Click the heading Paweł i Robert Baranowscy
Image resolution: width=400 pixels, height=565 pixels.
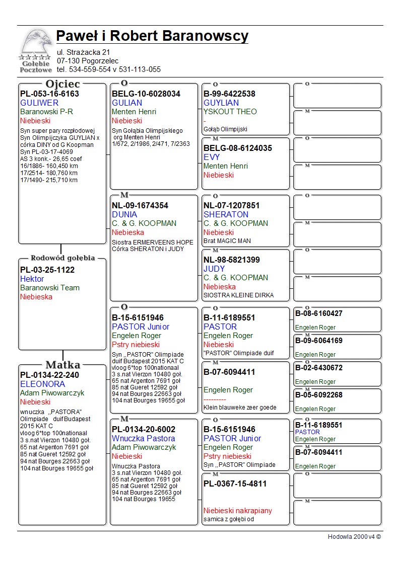click(x=152, y=36)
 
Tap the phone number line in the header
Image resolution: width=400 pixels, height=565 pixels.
click(x=109, y=69)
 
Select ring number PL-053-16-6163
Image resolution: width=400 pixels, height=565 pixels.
click(x=49, y=94)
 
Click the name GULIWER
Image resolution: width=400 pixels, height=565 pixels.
click(x=39, y=103)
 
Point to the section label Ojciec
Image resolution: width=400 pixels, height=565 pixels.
click(x=62, y=84)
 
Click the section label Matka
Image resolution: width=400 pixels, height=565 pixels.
click(x=62, y=365)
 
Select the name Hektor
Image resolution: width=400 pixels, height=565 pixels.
click(x=32, y=279)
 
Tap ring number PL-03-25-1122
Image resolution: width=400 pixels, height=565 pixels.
click(x=47, y=270)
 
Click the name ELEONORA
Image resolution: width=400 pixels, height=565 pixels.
click(x=42, y=384)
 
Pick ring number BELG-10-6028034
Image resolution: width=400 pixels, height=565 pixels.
click(x=146, y=94)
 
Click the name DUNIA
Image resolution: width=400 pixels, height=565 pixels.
click(x=124, y=214)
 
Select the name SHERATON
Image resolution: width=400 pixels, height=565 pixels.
click(x=226, y=214)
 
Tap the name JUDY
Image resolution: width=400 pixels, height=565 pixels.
click(x=214, y=269)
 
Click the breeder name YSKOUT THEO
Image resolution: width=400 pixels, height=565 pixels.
click(x=230, y=112)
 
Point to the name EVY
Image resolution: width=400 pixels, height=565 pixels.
click(x=212, y=157)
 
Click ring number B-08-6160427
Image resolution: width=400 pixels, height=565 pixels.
click(x=319, y=313)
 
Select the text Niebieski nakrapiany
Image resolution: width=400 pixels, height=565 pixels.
click(x=238, y=511)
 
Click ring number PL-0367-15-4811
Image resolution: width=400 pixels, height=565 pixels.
click(x=235, y=483)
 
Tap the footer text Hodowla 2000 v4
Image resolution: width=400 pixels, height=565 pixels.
click(x=354, y=536)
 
